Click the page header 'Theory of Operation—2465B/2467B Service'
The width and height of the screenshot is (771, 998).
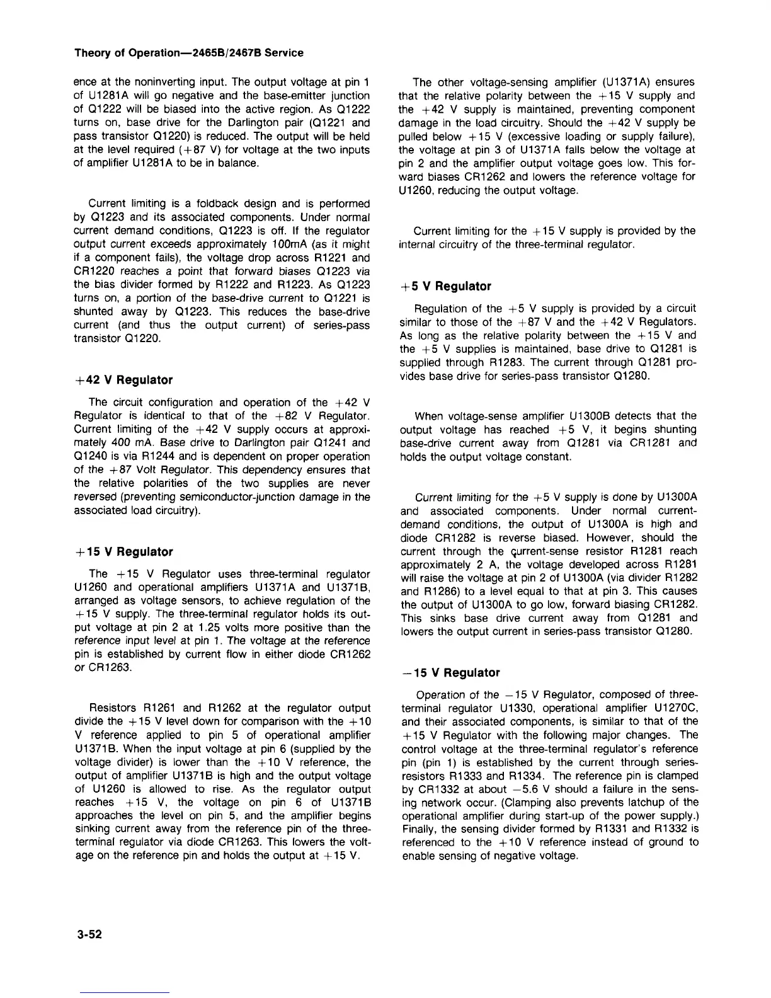(x=188, y=53)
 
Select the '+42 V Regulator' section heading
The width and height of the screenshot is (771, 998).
(x=123, y=380)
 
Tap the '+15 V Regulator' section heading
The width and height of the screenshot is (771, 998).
(x=123, y=552)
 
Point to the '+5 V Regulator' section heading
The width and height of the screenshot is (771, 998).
(x=445, y=286)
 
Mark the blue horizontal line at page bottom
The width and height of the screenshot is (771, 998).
(x=124, y=993)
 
